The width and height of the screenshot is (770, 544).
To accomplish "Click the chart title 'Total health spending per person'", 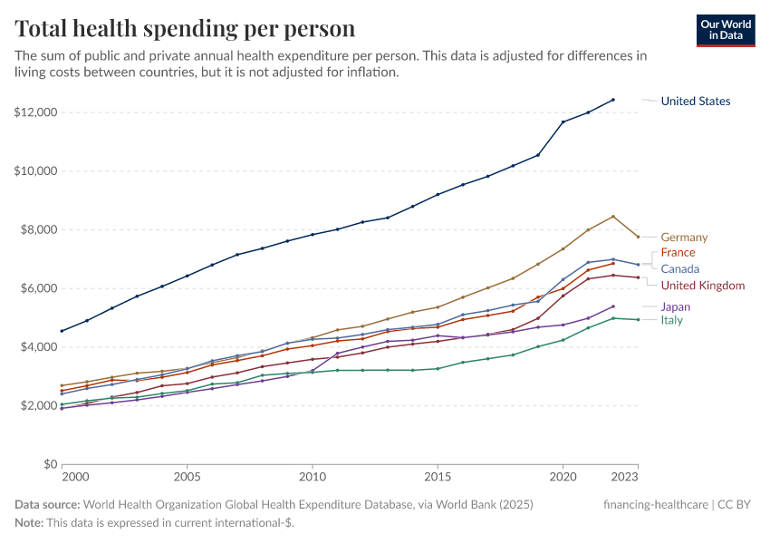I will coord(185,28).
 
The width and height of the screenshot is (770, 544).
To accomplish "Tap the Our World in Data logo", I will coord(725,29).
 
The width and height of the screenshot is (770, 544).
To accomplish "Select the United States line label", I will coord(695,102).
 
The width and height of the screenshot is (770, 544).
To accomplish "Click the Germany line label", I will coord(684,238).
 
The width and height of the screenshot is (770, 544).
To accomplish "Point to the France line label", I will coord(678,252).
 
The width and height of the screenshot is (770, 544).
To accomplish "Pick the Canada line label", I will coord(679,269).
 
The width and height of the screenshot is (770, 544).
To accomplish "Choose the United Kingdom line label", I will coord(703,286).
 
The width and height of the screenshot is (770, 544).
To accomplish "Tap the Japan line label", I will coord(675,307).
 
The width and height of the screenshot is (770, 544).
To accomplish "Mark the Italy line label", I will coord(671,320).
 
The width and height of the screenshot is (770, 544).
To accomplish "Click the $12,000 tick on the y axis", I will coord(35,112).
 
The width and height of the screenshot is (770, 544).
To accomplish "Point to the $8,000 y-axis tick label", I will coord(39,229).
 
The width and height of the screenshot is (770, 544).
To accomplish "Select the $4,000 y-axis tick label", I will coord(39,347).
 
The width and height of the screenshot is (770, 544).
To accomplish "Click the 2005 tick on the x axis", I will coord(187,476).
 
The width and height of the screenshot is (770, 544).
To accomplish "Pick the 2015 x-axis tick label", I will coord(438,476).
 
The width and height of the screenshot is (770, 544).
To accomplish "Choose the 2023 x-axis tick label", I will coord(637,476).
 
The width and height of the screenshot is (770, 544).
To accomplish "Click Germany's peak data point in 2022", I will coord(613,217).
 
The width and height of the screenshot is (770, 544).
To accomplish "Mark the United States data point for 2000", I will coord(62,331).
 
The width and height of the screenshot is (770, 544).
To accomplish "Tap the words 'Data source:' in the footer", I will coord(47,504).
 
